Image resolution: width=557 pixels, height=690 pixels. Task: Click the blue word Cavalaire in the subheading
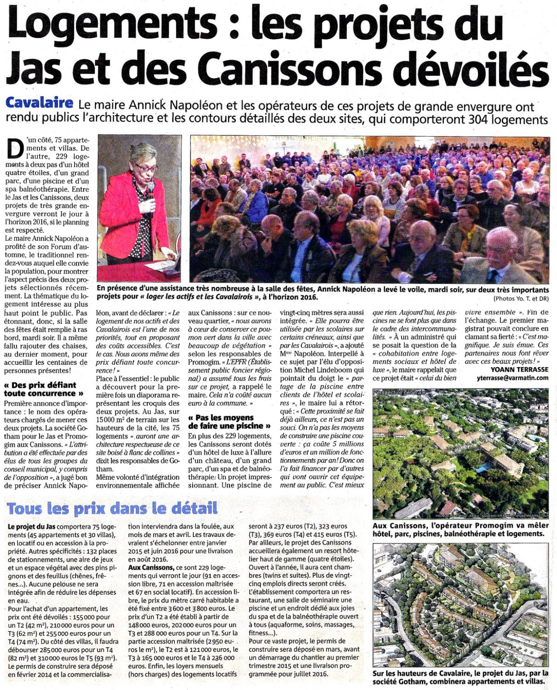point(39,103)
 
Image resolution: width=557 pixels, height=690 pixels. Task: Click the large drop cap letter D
point(16,148)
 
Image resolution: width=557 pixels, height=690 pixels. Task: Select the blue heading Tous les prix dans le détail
point(112,509)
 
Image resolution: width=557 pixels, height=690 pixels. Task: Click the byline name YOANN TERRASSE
point(519,369)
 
